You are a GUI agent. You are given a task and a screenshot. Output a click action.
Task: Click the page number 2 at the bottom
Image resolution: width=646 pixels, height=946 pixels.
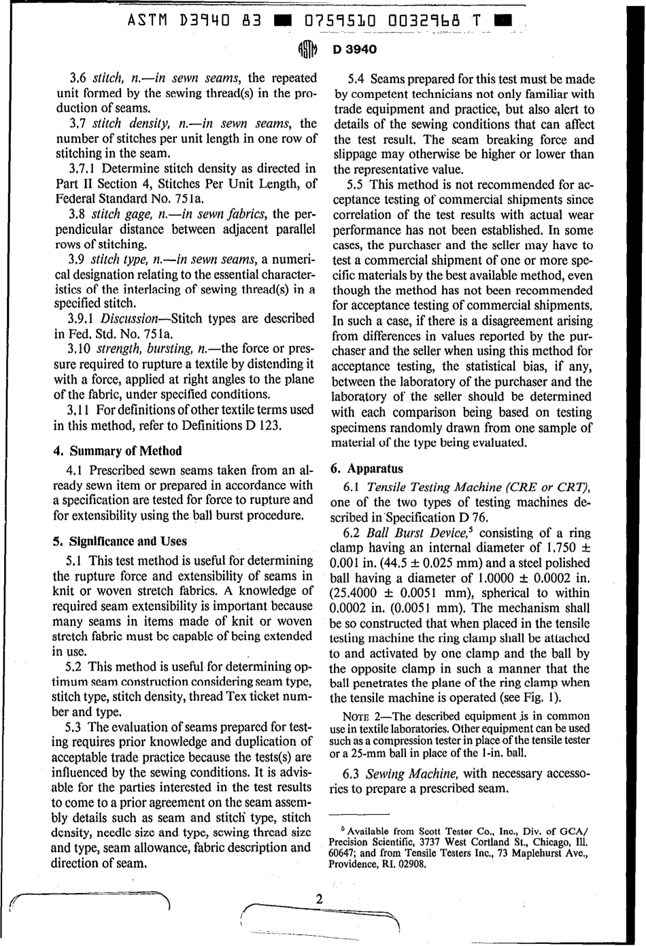[318, 898]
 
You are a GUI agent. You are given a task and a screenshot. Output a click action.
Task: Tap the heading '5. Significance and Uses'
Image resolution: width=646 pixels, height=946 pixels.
[120, 541]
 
